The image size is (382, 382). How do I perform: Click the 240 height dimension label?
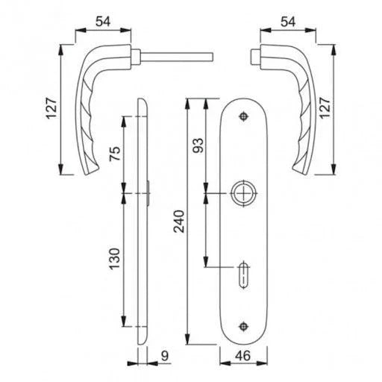point(179,222)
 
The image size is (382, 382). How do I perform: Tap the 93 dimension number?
point(198,145)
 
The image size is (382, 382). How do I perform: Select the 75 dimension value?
point(115,154)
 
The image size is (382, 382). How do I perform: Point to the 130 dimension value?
point(115,259)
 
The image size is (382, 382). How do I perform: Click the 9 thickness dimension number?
point(165,356)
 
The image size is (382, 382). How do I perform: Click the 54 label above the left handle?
point(103,22)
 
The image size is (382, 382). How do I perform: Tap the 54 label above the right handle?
point(288,22)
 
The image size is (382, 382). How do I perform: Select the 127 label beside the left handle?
point(52,108)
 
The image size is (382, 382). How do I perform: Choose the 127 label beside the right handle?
point(325,108)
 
